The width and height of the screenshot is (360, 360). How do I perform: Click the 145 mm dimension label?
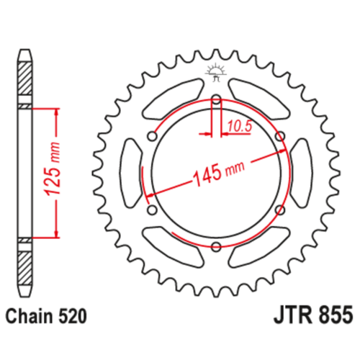tap(219, 171)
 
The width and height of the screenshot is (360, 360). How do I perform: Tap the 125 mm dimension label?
tap(53, 172)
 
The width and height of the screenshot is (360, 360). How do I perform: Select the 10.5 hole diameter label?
tap(240, 127)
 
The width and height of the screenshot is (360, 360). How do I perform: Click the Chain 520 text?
tap(45, 316)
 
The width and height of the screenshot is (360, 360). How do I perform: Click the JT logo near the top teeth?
tap(216, 71)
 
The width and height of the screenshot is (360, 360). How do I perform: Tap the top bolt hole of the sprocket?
tap(216, 99)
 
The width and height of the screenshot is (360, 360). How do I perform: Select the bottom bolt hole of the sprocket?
tap(216, 246)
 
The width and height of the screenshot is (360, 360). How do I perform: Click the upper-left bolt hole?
tap(152, 136)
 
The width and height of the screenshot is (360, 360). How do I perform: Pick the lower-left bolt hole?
tap(152, 210)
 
